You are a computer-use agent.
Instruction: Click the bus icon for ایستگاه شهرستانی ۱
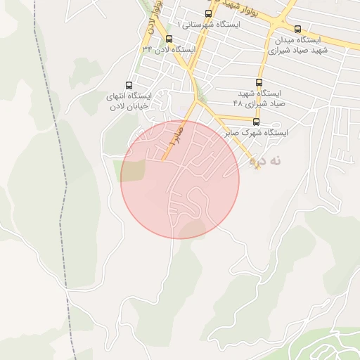(208, 13)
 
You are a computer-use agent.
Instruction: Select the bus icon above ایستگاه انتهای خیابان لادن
(128, 84)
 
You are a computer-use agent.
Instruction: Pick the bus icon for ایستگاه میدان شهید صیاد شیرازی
(298, 30)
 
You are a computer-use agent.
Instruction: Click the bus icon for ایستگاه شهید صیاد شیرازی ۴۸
(259, 82)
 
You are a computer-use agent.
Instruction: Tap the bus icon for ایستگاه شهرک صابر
(256, 122)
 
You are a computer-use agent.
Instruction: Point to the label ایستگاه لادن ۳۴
(168, 50)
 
